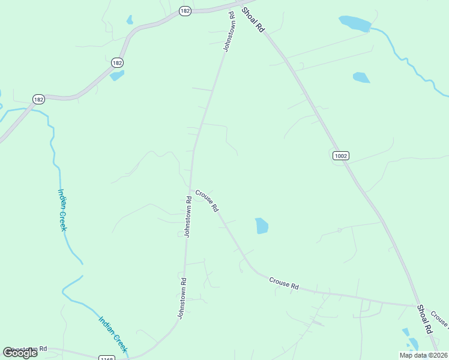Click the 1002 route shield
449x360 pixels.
(340, 156)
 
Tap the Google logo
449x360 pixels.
(20, 352)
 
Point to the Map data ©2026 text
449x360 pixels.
(424, 355)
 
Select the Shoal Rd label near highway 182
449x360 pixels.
(253, 20)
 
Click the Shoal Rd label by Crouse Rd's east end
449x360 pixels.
(424, 320)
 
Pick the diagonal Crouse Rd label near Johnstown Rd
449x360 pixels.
(206, 201)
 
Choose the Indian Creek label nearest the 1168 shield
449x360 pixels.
(113, 334)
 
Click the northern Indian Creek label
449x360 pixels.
(62, 209)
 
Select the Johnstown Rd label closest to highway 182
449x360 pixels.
(229, 31)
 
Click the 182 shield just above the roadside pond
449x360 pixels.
(118, 62)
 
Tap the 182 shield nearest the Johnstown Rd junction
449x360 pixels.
(185, 11)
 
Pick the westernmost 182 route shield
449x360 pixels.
(38, 99)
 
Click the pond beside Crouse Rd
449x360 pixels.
(262, 226)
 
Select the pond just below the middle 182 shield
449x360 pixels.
(117, 76)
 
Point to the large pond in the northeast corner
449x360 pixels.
(355, 23)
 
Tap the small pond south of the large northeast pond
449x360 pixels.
(361, 77)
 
